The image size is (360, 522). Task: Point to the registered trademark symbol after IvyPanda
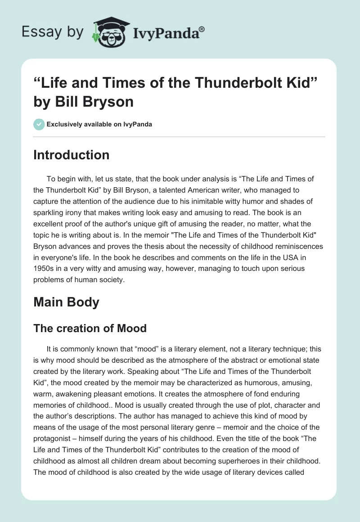tap(202, 29)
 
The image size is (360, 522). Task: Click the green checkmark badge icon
tap(39, 124)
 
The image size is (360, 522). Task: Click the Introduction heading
tap(71, 155)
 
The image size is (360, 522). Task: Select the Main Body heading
tap(66, 302)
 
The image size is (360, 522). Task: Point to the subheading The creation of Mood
tap(90, 328)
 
